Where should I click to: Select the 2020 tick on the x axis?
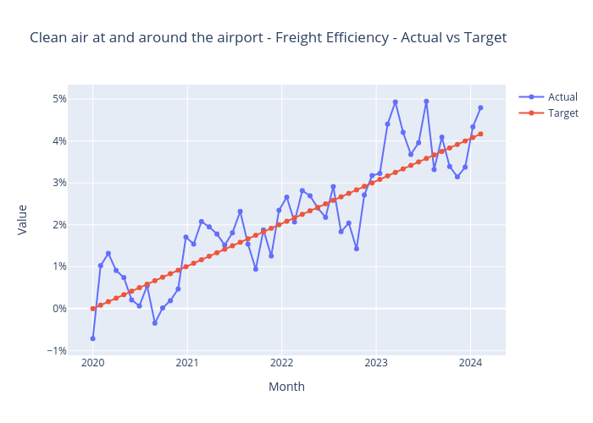tap(92, 364)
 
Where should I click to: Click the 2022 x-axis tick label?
tap(281, 364)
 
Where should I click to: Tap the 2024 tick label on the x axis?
tap(470, 364)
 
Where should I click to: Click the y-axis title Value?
tap(23, 218)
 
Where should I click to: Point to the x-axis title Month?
tap(286, 387)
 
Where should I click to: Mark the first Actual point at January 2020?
tap(92, 338)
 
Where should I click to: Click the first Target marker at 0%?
tap(92, 309)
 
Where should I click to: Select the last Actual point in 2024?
tap(480, 107)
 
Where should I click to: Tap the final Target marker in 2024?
tap(480, 134)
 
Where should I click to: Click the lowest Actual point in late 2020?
tap(155, 323)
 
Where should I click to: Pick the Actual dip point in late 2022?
tap(357, 249)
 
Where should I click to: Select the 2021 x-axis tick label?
tap(187, 364)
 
